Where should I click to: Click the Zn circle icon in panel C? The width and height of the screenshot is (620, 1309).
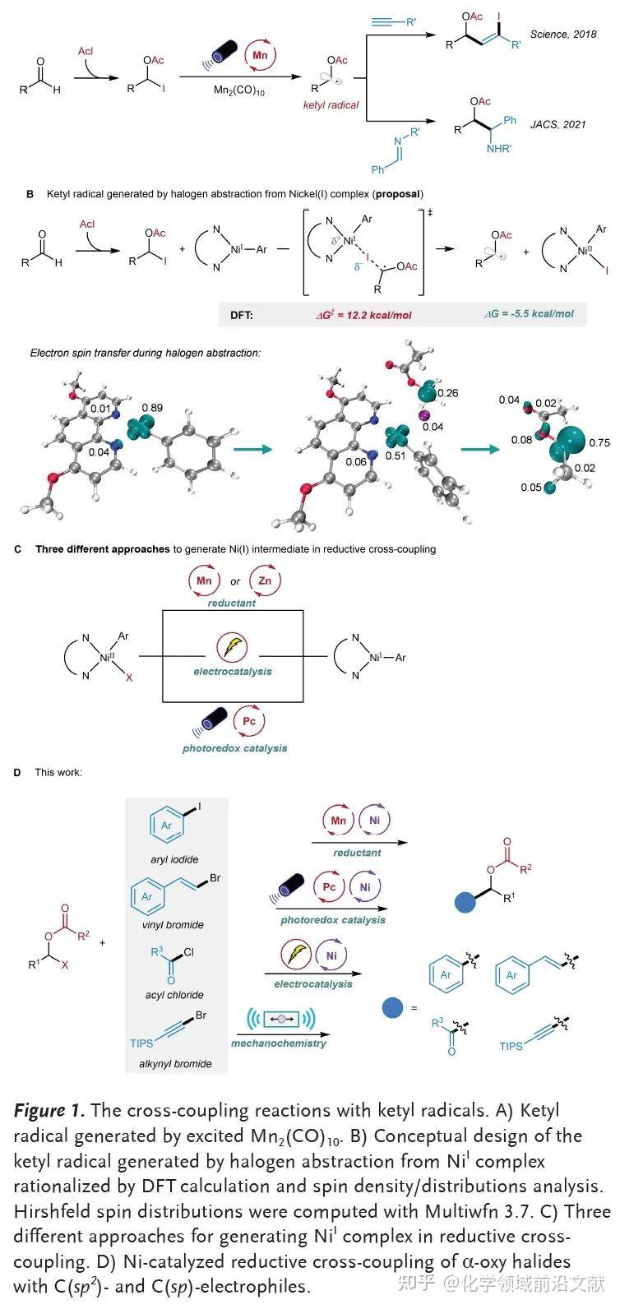pyautogui.click(x=264, y=580)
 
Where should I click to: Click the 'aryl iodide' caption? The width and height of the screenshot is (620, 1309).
pyautogui.click(x=174, y=859)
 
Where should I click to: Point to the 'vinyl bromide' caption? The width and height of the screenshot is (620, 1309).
pyautogui.click(x=173, y=925)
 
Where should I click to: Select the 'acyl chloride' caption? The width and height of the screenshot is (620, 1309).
pyautogui.click(x=174, y=995)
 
